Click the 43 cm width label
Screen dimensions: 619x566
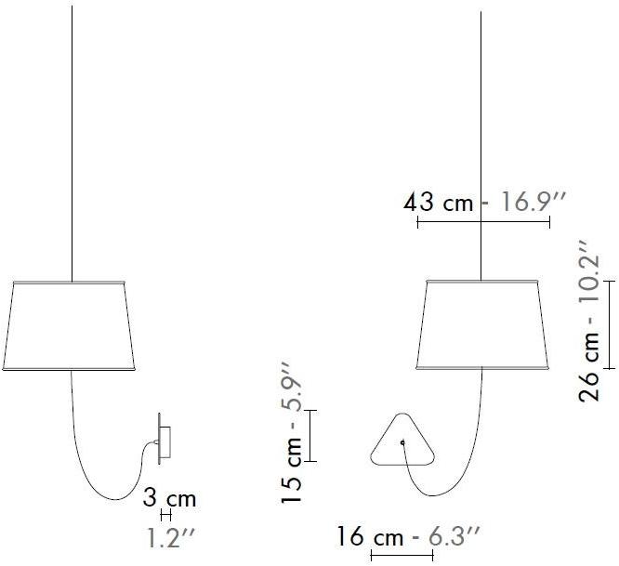[438, 202]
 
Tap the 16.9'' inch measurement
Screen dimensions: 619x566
[533, 202]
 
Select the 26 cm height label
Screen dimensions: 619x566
[589, 367]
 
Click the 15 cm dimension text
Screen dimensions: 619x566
[291, 468]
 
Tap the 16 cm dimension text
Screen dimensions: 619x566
[370, 537]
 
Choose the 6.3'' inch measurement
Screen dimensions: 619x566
[454, 537]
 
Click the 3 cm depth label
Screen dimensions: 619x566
[169, 498]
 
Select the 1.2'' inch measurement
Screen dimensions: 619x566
[171, 537]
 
